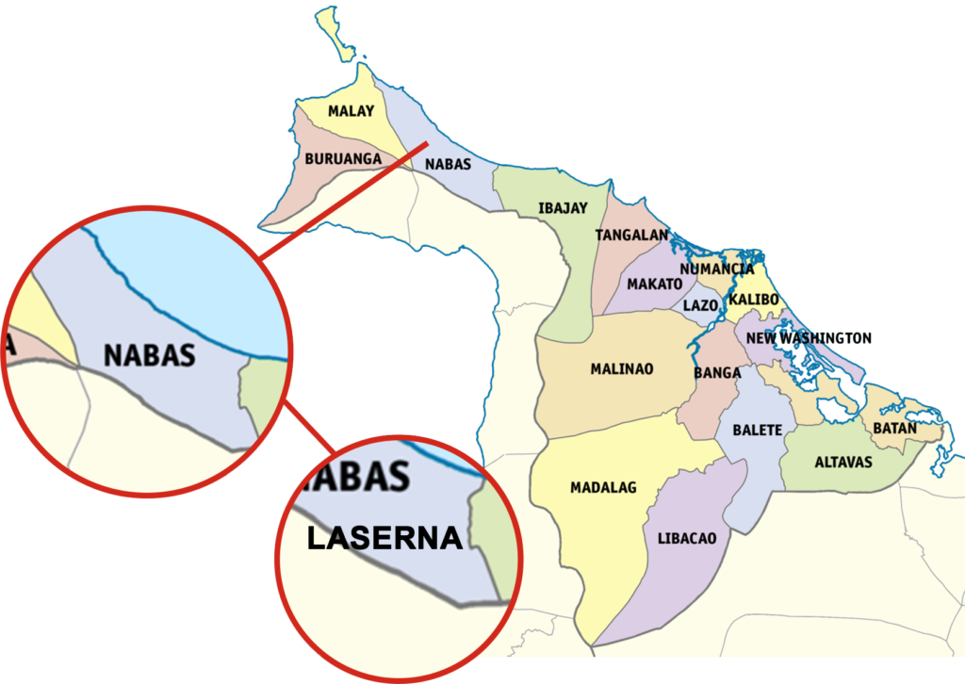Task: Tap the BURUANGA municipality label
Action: coord(343,159)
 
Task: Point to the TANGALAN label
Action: coord(631,235)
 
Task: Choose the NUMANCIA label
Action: coord(716,269)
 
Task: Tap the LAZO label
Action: coord(700,305)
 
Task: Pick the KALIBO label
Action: coord(753,300)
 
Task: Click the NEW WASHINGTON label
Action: coord(809,338)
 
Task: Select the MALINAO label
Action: coord(621,368)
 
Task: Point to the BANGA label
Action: coord(717,373)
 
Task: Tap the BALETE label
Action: coord(758,430)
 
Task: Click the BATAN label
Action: coord(894,428)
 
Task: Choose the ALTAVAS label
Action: coord(843,463)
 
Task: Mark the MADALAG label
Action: coord(603,487)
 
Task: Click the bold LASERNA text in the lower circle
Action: coord(384,538)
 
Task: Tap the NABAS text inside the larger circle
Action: coord(149,355)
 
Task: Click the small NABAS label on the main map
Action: coord(448,164)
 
